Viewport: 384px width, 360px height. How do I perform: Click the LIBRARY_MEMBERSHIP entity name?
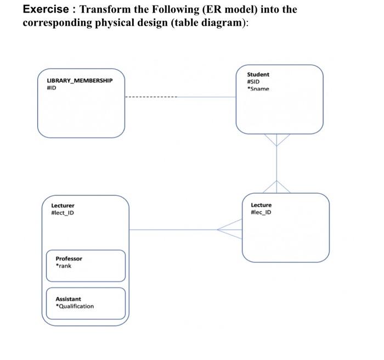pos(80,80)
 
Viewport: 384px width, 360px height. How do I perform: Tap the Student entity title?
pos(258,74)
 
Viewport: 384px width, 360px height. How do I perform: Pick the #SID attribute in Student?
pos(253,81)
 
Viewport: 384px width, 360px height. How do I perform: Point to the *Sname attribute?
pos(258,88)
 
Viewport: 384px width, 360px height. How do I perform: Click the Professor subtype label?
pos(69,258)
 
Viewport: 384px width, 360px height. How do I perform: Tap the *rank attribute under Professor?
pos(63,266)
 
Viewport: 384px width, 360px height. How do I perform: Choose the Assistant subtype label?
pos(68,299)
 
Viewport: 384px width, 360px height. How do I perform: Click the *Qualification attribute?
pos(75,306)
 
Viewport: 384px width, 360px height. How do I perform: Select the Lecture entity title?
pos(261,205)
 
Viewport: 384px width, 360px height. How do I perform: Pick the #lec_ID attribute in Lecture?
pos(261,212)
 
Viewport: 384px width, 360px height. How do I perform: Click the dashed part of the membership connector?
pos(151,98)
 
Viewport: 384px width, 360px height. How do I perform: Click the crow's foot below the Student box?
pos(276,140)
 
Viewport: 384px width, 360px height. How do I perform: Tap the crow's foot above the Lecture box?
pos(276,187)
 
